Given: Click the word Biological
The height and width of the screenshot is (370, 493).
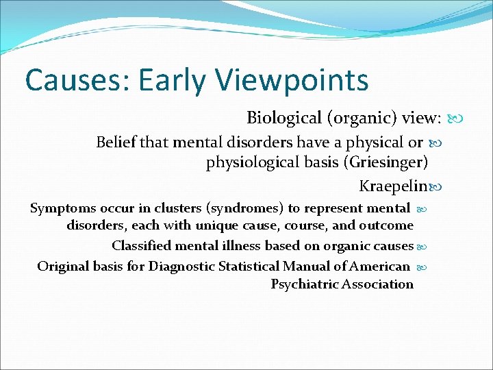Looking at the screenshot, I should (283, 118).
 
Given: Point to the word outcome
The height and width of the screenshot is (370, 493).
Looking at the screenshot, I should (389, 225).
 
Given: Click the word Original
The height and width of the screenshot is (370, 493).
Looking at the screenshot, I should (62, 266).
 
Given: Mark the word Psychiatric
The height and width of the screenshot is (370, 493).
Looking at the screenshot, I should (304, 284).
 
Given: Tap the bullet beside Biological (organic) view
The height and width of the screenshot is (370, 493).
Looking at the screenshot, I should (455, 119).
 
